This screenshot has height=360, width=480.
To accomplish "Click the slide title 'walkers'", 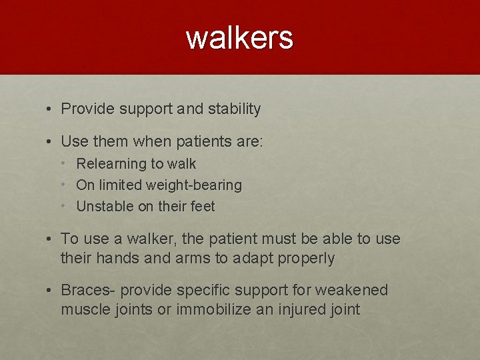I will pyautogui.click(x=239, y=37).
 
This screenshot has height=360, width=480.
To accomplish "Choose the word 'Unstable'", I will pyautogui.click(x=105, y=206).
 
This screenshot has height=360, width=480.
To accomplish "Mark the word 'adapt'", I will pyautogui.click(x=251, y=258).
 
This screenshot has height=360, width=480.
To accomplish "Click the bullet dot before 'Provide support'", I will pyautogui.click(x=51, y=109).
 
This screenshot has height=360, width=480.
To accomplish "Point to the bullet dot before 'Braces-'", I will pyautogui.click(x=51, y=290).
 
